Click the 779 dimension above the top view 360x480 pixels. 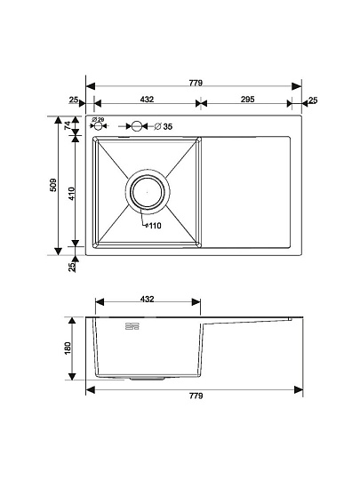196,83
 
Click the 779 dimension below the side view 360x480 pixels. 196,396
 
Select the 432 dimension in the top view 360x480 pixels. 147,100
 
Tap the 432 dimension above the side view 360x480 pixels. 148,299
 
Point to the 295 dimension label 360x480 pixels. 248,100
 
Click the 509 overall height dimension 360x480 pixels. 53,185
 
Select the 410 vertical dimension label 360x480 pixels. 71,194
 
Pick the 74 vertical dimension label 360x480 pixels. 68,124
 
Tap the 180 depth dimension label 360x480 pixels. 68,348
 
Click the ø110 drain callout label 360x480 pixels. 153,226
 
